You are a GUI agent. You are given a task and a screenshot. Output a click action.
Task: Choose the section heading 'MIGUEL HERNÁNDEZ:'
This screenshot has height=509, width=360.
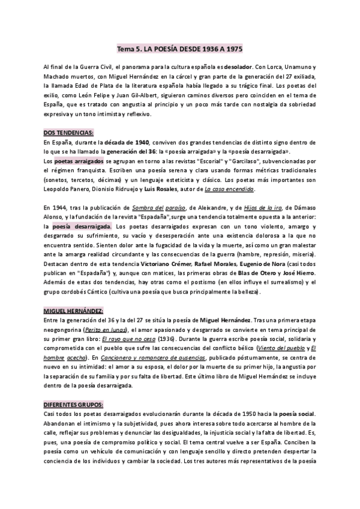click(73, 309)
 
